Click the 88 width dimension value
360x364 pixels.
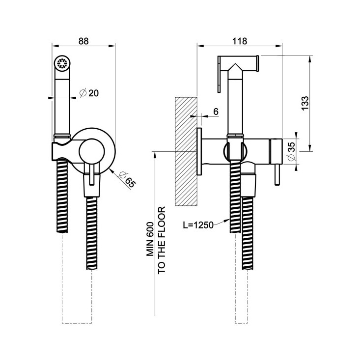(x=83, y=41)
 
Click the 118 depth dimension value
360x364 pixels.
(x=240, y=41)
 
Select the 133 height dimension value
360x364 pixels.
(x=305, y=103)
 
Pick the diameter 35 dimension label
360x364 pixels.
(x=290, y=150)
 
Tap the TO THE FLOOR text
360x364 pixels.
(x=162, y=240)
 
